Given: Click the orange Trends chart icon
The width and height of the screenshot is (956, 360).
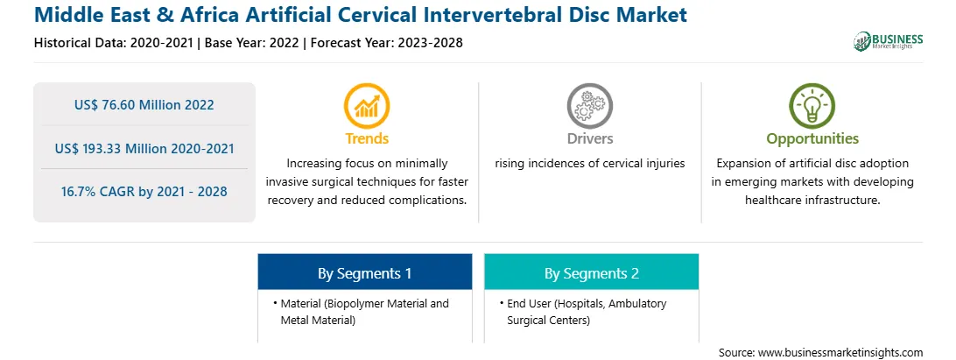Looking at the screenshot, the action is pos(367,106).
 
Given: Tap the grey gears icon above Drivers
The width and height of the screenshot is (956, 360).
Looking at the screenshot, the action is pos(589,106).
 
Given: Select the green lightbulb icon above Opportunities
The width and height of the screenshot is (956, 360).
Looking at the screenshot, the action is pos(812,106).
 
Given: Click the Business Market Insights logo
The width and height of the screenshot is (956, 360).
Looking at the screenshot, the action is pos(888,41).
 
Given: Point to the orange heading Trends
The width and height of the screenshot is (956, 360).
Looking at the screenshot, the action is pos(367,138).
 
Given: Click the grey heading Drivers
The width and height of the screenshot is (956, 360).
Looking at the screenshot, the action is pos(590,138).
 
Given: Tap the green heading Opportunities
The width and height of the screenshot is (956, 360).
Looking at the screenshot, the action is pos(812,139).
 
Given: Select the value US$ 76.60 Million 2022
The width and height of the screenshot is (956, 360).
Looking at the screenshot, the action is pos(144,105).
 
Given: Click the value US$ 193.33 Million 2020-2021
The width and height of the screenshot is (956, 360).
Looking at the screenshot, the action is pos(144,148).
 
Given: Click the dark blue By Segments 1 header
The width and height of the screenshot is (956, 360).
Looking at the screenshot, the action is pos(364,272).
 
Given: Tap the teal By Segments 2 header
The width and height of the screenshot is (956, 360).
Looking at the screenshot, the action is pos(592,272).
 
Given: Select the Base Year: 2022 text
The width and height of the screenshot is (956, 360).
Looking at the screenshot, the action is pos(252,43).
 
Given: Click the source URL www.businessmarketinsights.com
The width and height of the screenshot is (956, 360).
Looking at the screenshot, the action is pos(840,353).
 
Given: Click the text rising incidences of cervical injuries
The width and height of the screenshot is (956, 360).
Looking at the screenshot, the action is pos(589,164).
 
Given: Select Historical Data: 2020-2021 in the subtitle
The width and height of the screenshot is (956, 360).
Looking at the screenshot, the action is pos(114,43).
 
